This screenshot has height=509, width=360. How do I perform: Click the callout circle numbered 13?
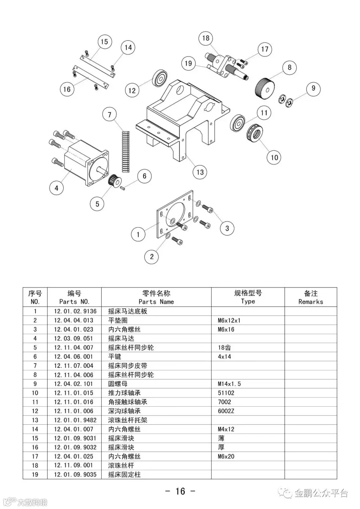click(200, 172)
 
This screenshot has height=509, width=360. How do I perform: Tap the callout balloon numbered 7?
click(110, 115)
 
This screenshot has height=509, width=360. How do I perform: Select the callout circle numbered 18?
click(206, 38)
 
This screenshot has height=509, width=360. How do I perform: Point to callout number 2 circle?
click(152, 257)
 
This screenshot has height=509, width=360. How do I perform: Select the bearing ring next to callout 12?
click(160, 78)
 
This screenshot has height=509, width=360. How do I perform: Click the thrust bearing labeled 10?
click(254, 132)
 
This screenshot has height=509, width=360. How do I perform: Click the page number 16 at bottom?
click(180, 491)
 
